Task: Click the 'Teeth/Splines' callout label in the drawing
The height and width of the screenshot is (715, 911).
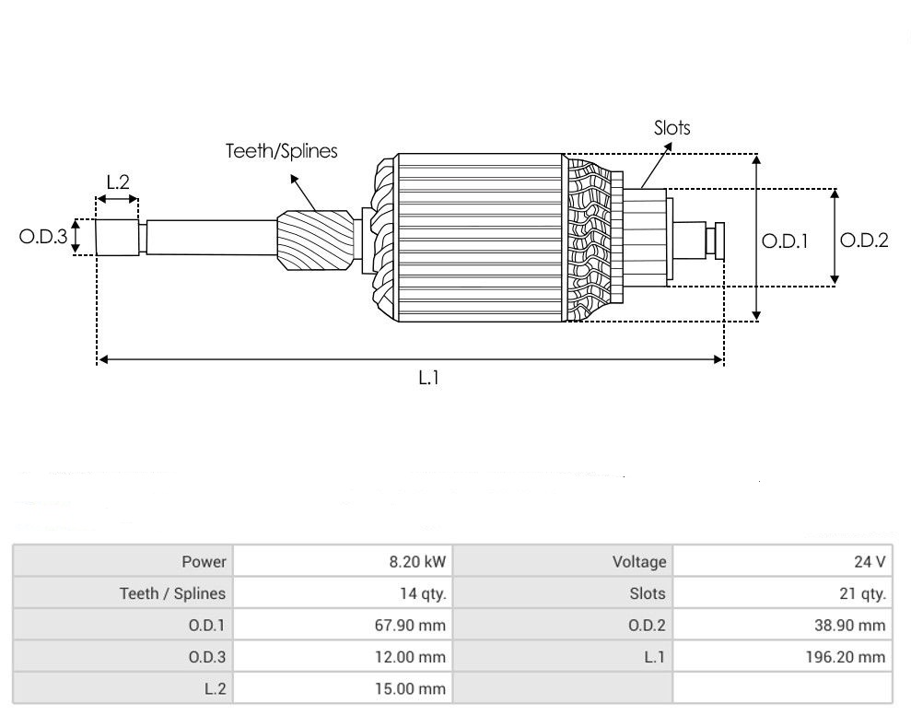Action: [282, 151]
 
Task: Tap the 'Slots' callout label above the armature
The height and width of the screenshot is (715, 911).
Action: [672, 128]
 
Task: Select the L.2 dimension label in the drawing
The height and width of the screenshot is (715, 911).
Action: [118, 182]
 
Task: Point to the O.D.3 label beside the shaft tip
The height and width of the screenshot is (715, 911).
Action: [43, 237]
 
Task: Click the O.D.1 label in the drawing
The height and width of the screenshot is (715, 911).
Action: [785, 241]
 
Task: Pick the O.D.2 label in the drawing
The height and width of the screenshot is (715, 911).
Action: [865, 240]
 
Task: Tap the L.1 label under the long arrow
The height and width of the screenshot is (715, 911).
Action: [428, 379]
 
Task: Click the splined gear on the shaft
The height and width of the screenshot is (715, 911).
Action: [315, 240]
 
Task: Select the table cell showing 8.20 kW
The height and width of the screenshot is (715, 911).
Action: [418, 561]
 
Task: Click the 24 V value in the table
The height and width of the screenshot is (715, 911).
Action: [870, 561]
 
